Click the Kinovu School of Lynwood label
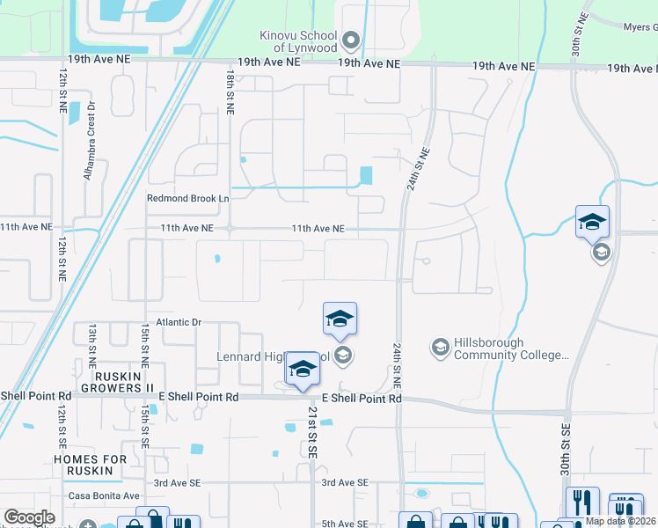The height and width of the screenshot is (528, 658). tap(299, 40)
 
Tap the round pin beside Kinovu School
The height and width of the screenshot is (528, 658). tap(351, 40)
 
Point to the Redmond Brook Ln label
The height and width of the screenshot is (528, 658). tap(187, 199)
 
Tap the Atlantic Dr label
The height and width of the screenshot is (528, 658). tap(179, 322)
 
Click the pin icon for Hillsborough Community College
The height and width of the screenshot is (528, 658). tap(440, 348)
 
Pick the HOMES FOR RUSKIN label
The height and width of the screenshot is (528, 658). tap(96, 465)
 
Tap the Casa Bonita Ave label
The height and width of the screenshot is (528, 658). tap(104, 496)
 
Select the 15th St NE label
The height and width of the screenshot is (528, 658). tap(143, 344)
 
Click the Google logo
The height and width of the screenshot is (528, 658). tap(29, 517)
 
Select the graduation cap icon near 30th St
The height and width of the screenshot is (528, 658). tap(592, 221)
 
